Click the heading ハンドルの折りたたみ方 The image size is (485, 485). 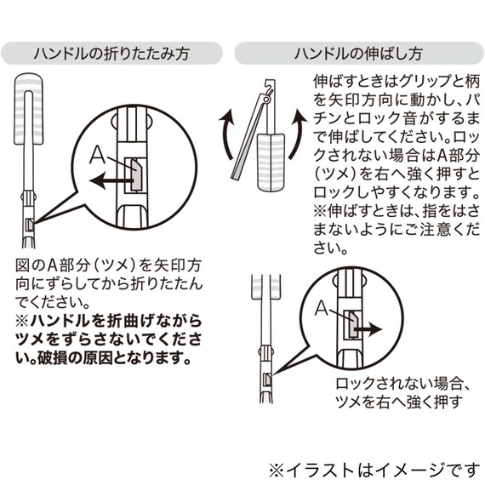[111, 53]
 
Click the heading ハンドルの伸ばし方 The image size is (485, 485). [358, 53]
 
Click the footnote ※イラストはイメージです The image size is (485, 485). [374, 468]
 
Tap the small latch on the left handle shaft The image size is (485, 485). [31, 224]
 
